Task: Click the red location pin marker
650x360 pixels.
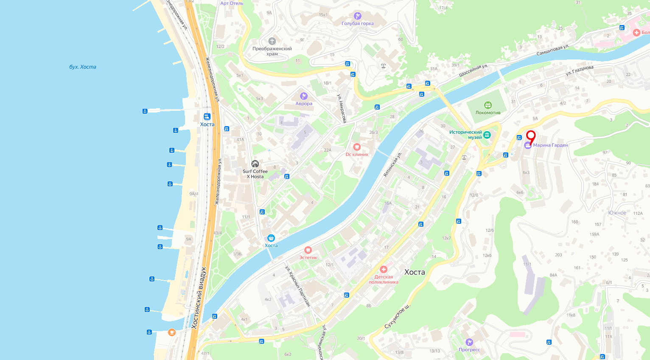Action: point(530,136)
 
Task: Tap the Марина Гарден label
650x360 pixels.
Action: point(550,145)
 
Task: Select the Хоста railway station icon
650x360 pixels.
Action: point(207,117)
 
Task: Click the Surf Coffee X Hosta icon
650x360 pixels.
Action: point(255,164)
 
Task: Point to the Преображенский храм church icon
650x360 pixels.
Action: point(272,41)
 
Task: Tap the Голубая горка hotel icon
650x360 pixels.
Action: point(358,16)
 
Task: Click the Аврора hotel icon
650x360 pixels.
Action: point(303,96)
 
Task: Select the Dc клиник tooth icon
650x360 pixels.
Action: point(357,147)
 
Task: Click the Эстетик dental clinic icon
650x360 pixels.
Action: point(308,250)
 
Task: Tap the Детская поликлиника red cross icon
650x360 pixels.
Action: point(384,270)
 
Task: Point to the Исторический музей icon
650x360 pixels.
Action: point(487,135)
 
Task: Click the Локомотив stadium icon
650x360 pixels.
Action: point(487,105)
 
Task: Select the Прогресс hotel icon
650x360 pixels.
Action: point(469,342)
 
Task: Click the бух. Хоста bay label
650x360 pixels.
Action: point(83,67)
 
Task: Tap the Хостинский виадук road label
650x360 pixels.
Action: point(199,297)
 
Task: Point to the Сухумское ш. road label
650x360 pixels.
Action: point(398,316)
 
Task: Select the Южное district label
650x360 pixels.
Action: point(617,213)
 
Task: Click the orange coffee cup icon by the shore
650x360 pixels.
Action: point(172,332)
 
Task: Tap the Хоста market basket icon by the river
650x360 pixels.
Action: point(271,238)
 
